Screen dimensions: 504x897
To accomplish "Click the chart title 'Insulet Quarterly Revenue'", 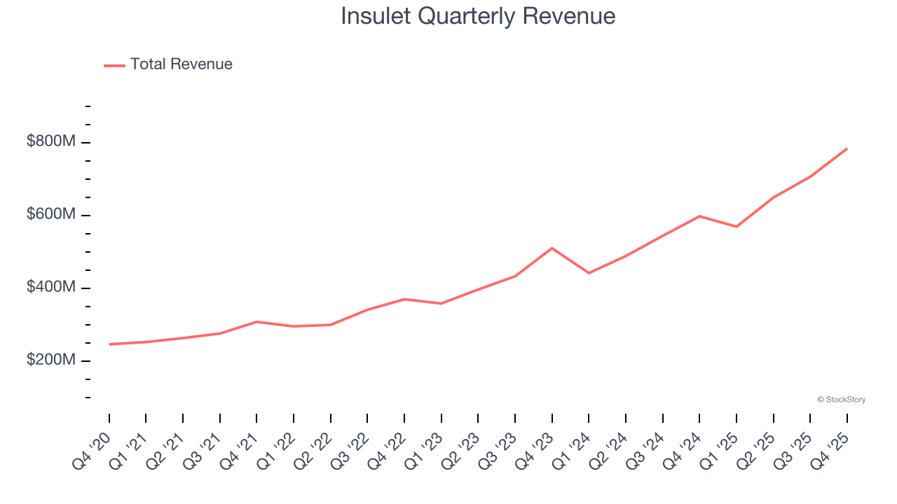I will [478, 16].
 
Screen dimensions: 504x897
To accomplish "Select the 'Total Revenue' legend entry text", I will [181, 64].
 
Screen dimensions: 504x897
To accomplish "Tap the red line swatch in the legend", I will [114, 65].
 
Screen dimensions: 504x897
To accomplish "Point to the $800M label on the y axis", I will [51, 142].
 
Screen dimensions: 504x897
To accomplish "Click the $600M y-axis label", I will [51, 215].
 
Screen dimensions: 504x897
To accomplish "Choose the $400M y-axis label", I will [51, 288].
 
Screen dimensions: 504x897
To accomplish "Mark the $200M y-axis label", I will [51, 360].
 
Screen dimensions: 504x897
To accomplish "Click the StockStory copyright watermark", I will [841, 400].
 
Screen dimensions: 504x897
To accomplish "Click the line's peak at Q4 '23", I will [552, 248].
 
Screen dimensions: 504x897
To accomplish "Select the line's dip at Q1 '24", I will [589, 273].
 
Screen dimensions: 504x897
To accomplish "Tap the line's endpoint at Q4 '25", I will [847, 148].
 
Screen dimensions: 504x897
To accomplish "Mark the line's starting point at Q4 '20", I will [109, 344].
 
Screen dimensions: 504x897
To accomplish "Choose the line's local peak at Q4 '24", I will [699, 216].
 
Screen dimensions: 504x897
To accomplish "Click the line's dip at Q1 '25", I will [737, 227].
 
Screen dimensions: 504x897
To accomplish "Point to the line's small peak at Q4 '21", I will [257, 322].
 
